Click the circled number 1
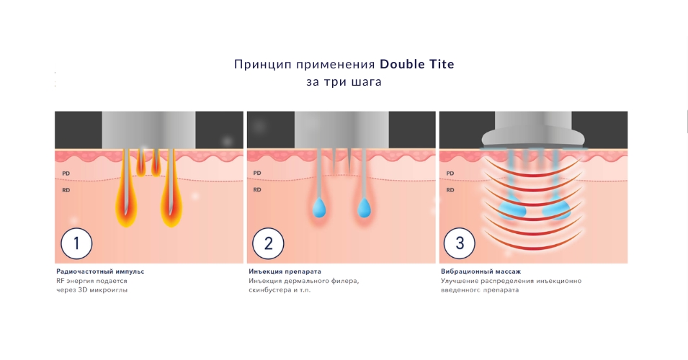pos(76,243)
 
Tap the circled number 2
pos(268,243)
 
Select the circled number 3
pos(460,243)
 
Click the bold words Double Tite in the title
pos(417,64)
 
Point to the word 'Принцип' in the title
pos(261,65)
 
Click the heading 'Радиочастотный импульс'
pos(100,271)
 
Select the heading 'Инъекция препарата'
pos(285,271)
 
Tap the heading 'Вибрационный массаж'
pos(481,271)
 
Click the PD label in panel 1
pos(66,174)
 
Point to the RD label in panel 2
pos(257,190)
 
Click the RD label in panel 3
pos(450,190)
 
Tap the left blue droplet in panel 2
pos(319,207)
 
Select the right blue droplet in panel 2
pos(365,207)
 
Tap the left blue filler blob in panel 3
pos(511,209)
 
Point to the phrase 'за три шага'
pos(344,82)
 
